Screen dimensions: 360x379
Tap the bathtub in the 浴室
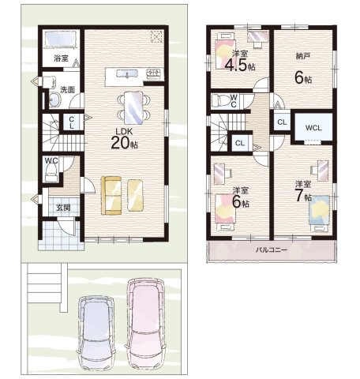tap(61, 39)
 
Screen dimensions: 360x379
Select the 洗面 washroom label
tap(67, 90)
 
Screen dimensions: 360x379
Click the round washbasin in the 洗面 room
tap(54, 100)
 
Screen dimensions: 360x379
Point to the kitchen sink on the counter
tap(127, 73)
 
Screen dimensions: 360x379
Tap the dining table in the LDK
tap(134, 108)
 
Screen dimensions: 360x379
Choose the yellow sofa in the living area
tap(111, 195)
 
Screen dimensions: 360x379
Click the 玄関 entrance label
tap(63, 208)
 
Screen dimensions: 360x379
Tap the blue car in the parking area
tap(96, 334)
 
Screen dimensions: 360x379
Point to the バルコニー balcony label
tap(272, 250)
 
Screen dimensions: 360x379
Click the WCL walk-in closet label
tap(313, 128)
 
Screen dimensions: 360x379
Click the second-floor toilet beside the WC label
tap(221, 100)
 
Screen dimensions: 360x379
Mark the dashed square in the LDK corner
tap(156, 36)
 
